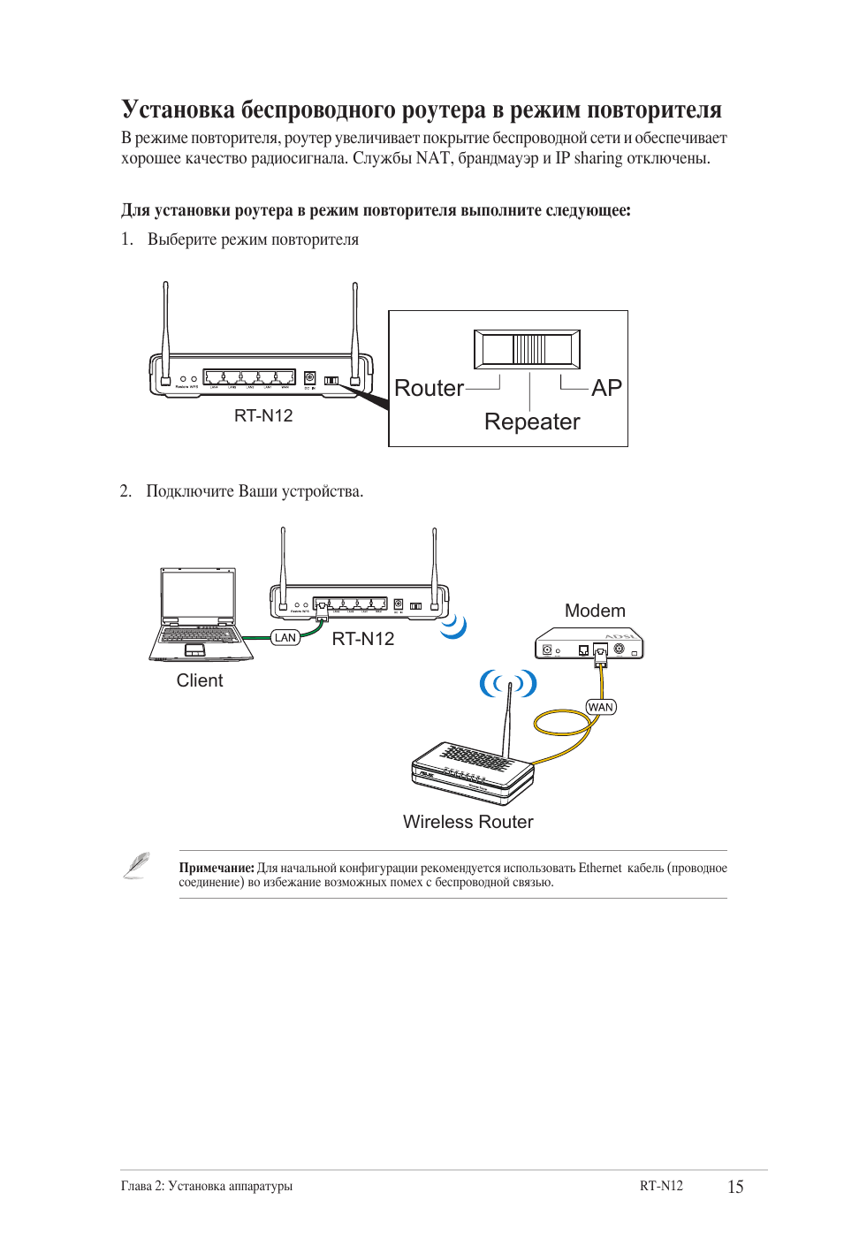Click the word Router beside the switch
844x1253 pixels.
(429, 389)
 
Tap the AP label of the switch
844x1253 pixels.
(606, 389)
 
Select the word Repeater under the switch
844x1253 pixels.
(532, 422)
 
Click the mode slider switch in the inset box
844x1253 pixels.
(527, 349)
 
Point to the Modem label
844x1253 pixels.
(595, 611)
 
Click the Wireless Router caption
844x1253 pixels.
(468, 823)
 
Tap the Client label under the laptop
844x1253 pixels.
(200, 681)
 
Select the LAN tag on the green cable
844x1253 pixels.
(285, 638)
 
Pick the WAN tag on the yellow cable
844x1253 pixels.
(601, 707)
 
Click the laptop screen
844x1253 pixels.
(199, 596)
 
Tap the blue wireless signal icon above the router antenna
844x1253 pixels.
(508, 683)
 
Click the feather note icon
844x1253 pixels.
(136, 865)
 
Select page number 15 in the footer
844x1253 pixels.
(735, 1187)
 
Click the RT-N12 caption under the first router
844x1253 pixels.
(263, 416)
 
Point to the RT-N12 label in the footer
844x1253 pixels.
(661, 1186)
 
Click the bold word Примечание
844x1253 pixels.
(217, 869)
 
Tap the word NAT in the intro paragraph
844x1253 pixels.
(433, 159)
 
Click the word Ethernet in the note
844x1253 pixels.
(600, 869)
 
